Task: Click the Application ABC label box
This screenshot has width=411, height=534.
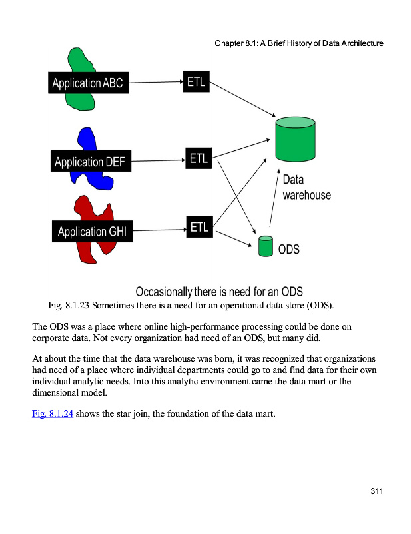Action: pyautogui.click(x=87, y=83)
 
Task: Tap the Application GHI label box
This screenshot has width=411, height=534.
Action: pyautogui.click(x=91, y=232)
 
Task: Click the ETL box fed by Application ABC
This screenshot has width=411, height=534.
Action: pyautogui.click(x=196, y=81)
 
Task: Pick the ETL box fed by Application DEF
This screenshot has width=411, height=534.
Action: pyautogui.click(x=199, y=159)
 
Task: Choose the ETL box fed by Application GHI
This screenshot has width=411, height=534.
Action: pyautogui.click(x=199, y=227)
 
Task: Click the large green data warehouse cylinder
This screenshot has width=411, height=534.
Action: pyautogui.click(x=295, y=140)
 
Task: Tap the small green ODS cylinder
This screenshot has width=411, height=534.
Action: pyautogui.click(x=266, y=246)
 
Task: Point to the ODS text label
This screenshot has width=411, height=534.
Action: pyautogui.click(x=289, y=250)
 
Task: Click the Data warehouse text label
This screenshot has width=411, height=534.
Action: pyautogui.click(x=306, y=188)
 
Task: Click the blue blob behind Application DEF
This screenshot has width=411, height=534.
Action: pyautogui.click(x=88, y=141)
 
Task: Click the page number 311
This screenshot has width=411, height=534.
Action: pyautogui.click(x=377, y=492)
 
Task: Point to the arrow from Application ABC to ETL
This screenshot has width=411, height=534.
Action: pyautogui.click(x=155, y=83)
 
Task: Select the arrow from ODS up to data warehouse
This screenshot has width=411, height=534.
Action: pyautogui.click(x=273, y=200)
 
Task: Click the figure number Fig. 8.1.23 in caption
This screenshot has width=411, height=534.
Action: pyautogui.click(x=69, y=306)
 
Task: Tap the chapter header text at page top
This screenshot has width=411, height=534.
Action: pyautogui.click(x=299, y=43)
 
